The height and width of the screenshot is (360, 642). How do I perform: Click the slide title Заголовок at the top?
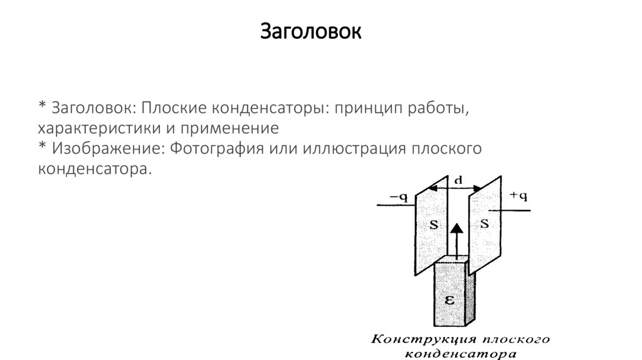(311, 31)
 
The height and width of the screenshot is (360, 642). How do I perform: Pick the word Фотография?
(213, 149)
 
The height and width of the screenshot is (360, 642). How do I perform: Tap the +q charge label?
(518, 196)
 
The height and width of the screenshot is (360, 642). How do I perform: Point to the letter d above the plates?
(458, 180)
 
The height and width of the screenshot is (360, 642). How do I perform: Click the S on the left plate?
(433, 224)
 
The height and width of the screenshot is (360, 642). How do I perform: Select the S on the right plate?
(484, 224)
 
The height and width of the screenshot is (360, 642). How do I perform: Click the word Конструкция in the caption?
(414, 340)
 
